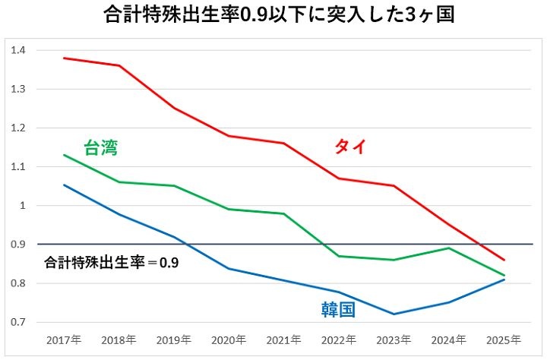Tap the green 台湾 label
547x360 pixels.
coord(101,148)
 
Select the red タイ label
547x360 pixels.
coord(350,147)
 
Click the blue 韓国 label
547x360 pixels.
coord(338,310)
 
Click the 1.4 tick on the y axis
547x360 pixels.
coord(18,50)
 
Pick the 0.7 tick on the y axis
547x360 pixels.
coord(18,322)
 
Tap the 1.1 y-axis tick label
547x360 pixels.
coord(18,167)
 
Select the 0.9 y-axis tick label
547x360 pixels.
coord(18,245)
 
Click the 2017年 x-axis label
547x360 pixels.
coord(64,339)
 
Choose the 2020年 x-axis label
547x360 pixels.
coord(229,339)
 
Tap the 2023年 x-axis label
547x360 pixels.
coord(394,339)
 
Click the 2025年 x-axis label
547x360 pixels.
coord(504,339)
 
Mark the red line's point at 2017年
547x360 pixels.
coord(64,58)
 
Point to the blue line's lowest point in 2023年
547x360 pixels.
coord(394,314)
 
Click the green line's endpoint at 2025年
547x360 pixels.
coord(504,275)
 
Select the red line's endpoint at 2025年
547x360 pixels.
coord(504,260)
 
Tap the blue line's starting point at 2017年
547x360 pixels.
coord(64,185)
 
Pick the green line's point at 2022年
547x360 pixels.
coord(339,256)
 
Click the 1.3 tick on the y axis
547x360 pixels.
coord(18,89)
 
